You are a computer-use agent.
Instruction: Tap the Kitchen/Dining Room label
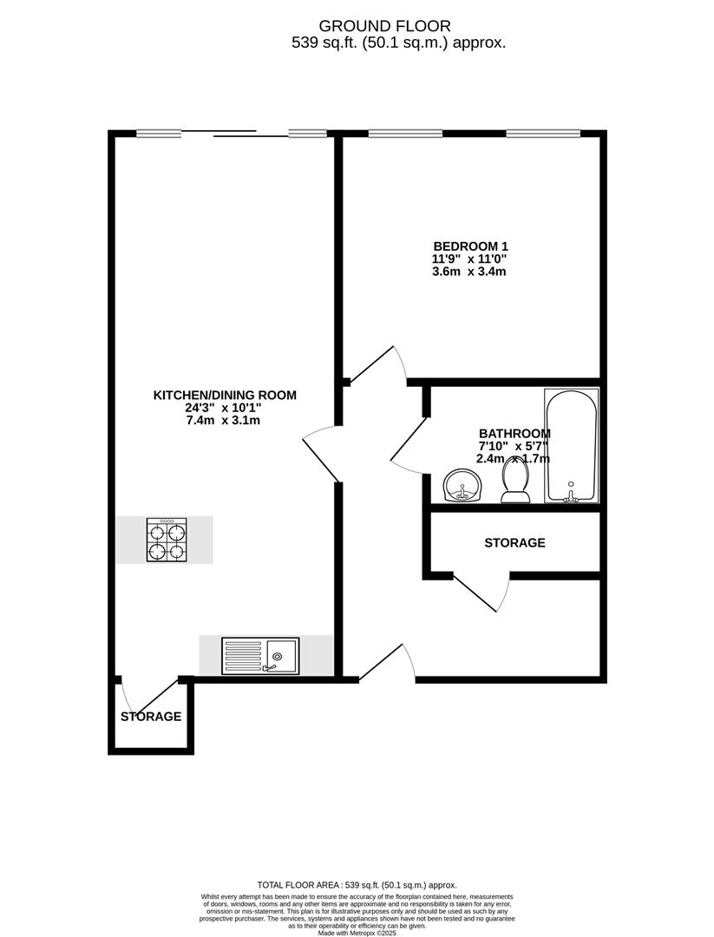[225, 395]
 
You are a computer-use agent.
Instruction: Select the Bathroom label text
[514, 434]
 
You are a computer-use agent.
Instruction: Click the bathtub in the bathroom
[571, 445]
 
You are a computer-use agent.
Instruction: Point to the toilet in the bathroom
[517, 486]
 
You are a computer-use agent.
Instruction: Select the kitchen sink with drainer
[260, 655]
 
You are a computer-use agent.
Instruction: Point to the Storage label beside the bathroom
[514, 543]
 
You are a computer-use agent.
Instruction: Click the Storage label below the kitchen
[151, 717]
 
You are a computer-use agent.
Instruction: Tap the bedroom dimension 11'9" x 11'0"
[469, 259]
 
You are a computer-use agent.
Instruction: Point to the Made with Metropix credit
[357, 933]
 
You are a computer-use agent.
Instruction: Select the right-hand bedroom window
[543, 134]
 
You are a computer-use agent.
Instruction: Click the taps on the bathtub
[571, 496]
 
